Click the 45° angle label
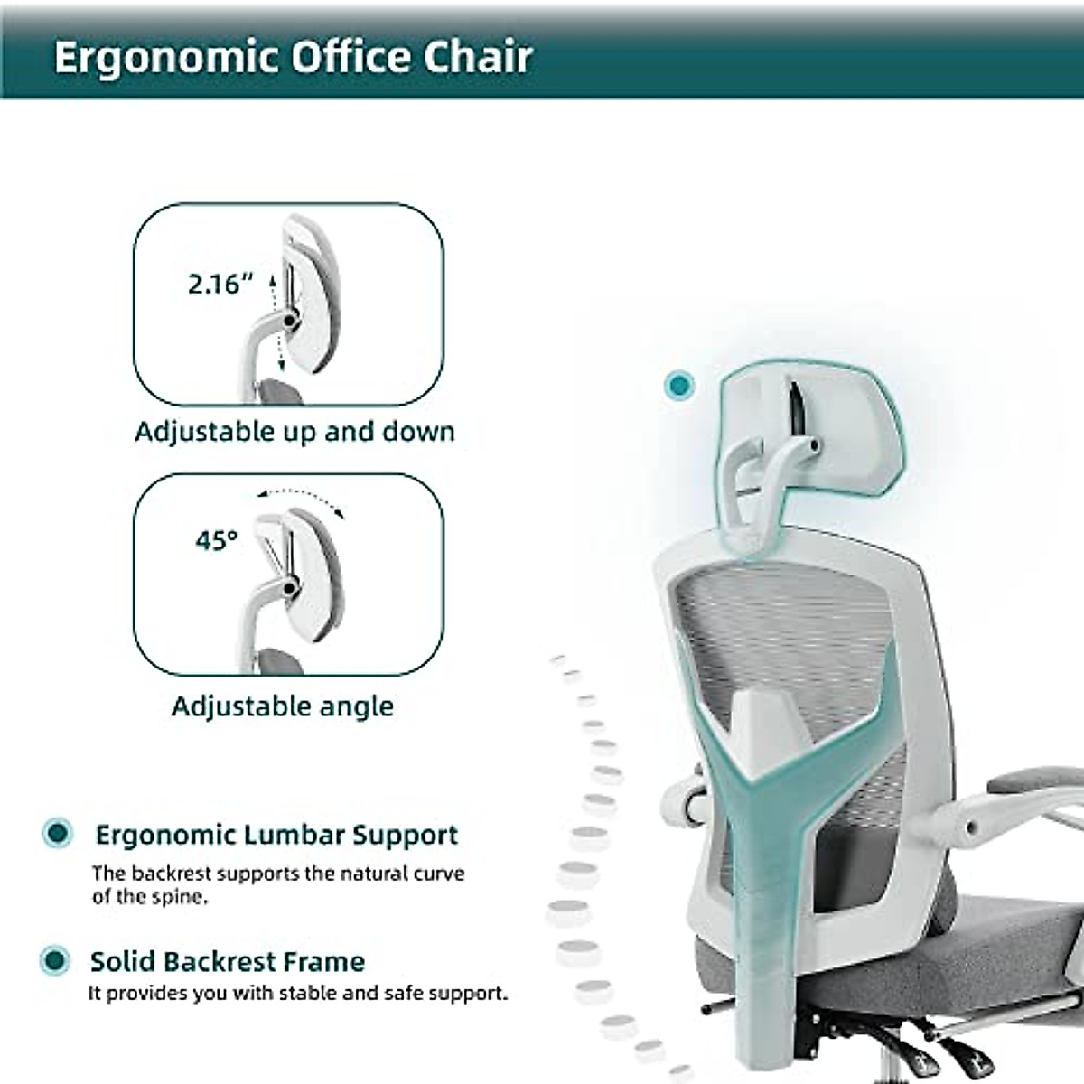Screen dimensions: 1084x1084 (x=217, y=540)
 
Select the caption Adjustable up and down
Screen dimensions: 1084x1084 (x=294, y=432)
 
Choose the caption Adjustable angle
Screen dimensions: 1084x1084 (x=283, y=706)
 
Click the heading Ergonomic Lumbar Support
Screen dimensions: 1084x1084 (x=276, y=835)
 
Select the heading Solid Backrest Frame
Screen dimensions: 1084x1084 (x=227, y=961)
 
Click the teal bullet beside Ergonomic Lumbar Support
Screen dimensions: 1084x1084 (x=58, y=833)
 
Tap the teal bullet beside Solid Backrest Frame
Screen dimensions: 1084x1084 (x=56, y=960)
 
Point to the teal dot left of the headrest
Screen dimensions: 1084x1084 (x=678, y=386)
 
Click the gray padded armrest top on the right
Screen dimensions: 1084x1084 (x=1039, y=781)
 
